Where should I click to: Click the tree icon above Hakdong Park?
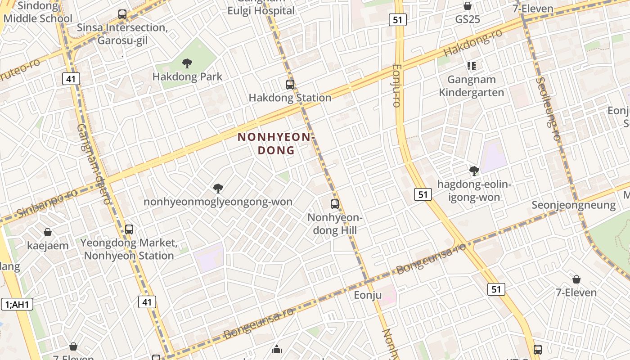click(x=187, y=63)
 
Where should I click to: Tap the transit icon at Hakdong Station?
click(x=290, y=84)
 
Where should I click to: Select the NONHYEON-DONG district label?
click(x=276, y=144)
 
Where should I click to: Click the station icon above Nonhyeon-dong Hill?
click(x=335, y=204)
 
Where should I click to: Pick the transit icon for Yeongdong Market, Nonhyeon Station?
click(x=129, y=229)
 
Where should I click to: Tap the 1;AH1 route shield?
click(x=17, y=304)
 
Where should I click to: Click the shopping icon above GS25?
click(x=468, y=6)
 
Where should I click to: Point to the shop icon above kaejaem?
click(x=48, y=232)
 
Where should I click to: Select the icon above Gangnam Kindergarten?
click(x=472, y=66)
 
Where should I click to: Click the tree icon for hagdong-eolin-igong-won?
click(x=474, y=171)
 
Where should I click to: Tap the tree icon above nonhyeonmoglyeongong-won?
click(x=218, y=188)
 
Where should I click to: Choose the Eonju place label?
click(x=368, y=295)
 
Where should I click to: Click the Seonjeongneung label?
click(x=573, y=205)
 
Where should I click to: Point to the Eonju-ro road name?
click(x=396, y=85)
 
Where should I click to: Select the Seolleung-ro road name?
click(x=548, y=108)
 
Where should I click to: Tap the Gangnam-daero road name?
click(x=94, y=164)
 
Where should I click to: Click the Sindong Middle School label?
click(x=38, y=12)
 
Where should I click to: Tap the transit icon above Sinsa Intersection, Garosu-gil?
click(x=122, y=14)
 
